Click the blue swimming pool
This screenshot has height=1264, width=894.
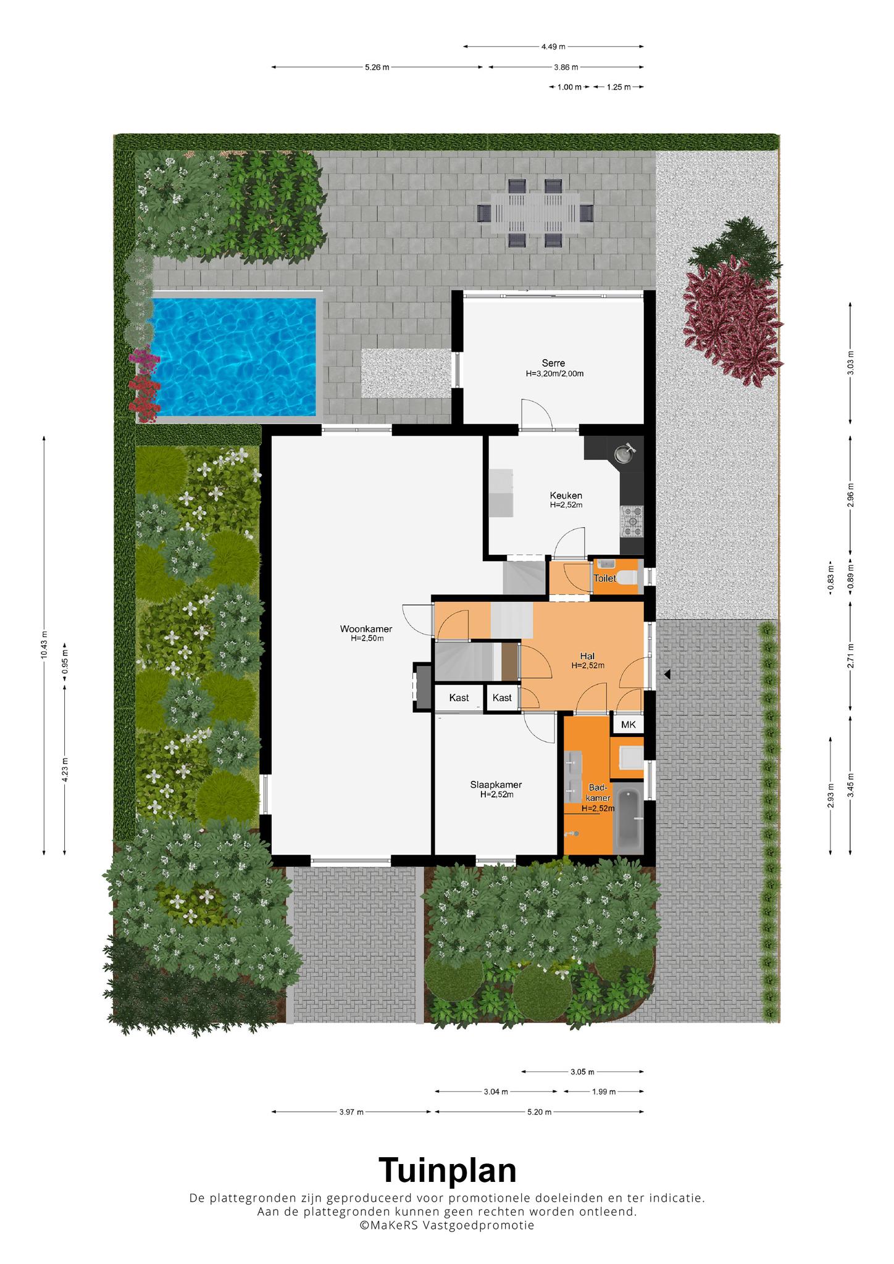[235, 357]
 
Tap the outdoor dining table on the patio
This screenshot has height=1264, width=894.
[535, 213]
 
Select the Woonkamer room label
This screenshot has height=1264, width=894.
[366, 629]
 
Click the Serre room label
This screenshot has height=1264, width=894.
[553, 363]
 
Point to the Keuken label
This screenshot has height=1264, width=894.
[566, 495]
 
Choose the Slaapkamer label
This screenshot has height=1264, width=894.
[496, 784]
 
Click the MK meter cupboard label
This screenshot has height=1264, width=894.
[628, 725]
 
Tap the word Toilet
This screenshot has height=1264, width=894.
[604, 578]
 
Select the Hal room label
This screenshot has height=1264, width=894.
[587, 655]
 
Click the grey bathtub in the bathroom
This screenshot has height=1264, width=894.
[629, 818]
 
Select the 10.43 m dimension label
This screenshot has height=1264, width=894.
[44, 646]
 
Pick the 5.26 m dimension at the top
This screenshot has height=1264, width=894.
[377, 67]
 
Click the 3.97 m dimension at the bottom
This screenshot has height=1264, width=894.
[351, 1112]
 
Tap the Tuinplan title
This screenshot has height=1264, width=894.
[447, 1170]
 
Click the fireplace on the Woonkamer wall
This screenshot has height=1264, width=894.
[423, 686]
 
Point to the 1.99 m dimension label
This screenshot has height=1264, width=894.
[603, 1091]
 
